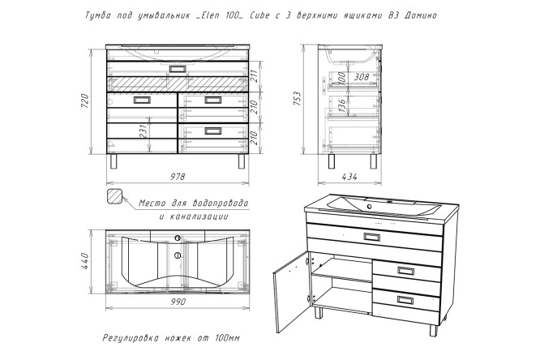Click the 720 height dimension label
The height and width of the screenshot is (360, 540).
[84, 101]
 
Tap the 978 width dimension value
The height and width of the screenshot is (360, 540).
[178, 177]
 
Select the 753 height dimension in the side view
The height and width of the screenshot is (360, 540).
[297, 99]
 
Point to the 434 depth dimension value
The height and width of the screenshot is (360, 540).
[349, 177]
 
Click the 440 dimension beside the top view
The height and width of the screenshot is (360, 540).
[84, 261]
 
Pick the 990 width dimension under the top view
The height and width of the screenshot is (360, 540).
[178, 302]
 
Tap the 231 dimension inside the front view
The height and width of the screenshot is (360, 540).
[144, 131]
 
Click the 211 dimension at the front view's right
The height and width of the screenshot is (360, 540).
[254, 76]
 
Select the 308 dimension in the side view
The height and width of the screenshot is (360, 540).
[362, 77]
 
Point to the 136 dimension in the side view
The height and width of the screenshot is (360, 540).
[341, 105]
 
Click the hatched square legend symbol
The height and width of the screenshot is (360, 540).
[114, 197]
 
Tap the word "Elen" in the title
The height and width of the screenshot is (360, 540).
[204, 15]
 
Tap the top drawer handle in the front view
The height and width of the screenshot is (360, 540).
[178, 69]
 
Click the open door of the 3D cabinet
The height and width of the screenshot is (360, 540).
[291, 292]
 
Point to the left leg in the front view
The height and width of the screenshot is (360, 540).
[114, 161]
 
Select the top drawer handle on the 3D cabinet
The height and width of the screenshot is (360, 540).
[372, 237]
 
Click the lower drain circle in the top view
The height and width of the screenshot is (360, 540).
[178, 255]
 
